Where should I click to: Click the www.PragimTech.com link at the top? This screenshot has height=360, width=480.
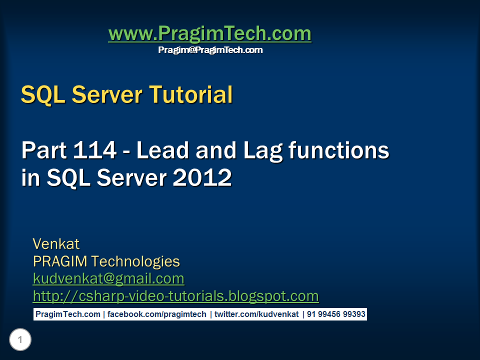[x=209, y=34]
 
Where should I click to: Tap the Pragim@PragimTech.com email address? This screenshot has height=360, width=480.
[x=210, y=50]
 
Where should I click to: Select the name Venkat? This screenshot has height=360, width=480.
[x=56, y=244]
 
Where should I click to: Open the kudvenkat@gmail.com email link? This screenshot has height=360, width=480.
[x=108, y=278]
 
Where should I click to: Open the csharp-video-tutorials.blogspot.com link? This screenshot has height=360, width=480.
[x=175, y=296]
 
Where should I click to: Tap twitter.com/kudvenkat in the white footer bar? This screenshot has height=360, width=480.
[x=256, y=314]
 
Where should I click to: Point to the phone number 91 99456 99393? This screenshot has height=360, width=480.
[x=335, y=314]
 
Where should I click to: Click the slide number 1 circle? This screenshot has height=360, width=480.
[x=20, y=340]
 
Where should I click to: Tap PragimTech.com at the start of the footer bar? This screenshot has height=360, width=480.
[x=67, y=314]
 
